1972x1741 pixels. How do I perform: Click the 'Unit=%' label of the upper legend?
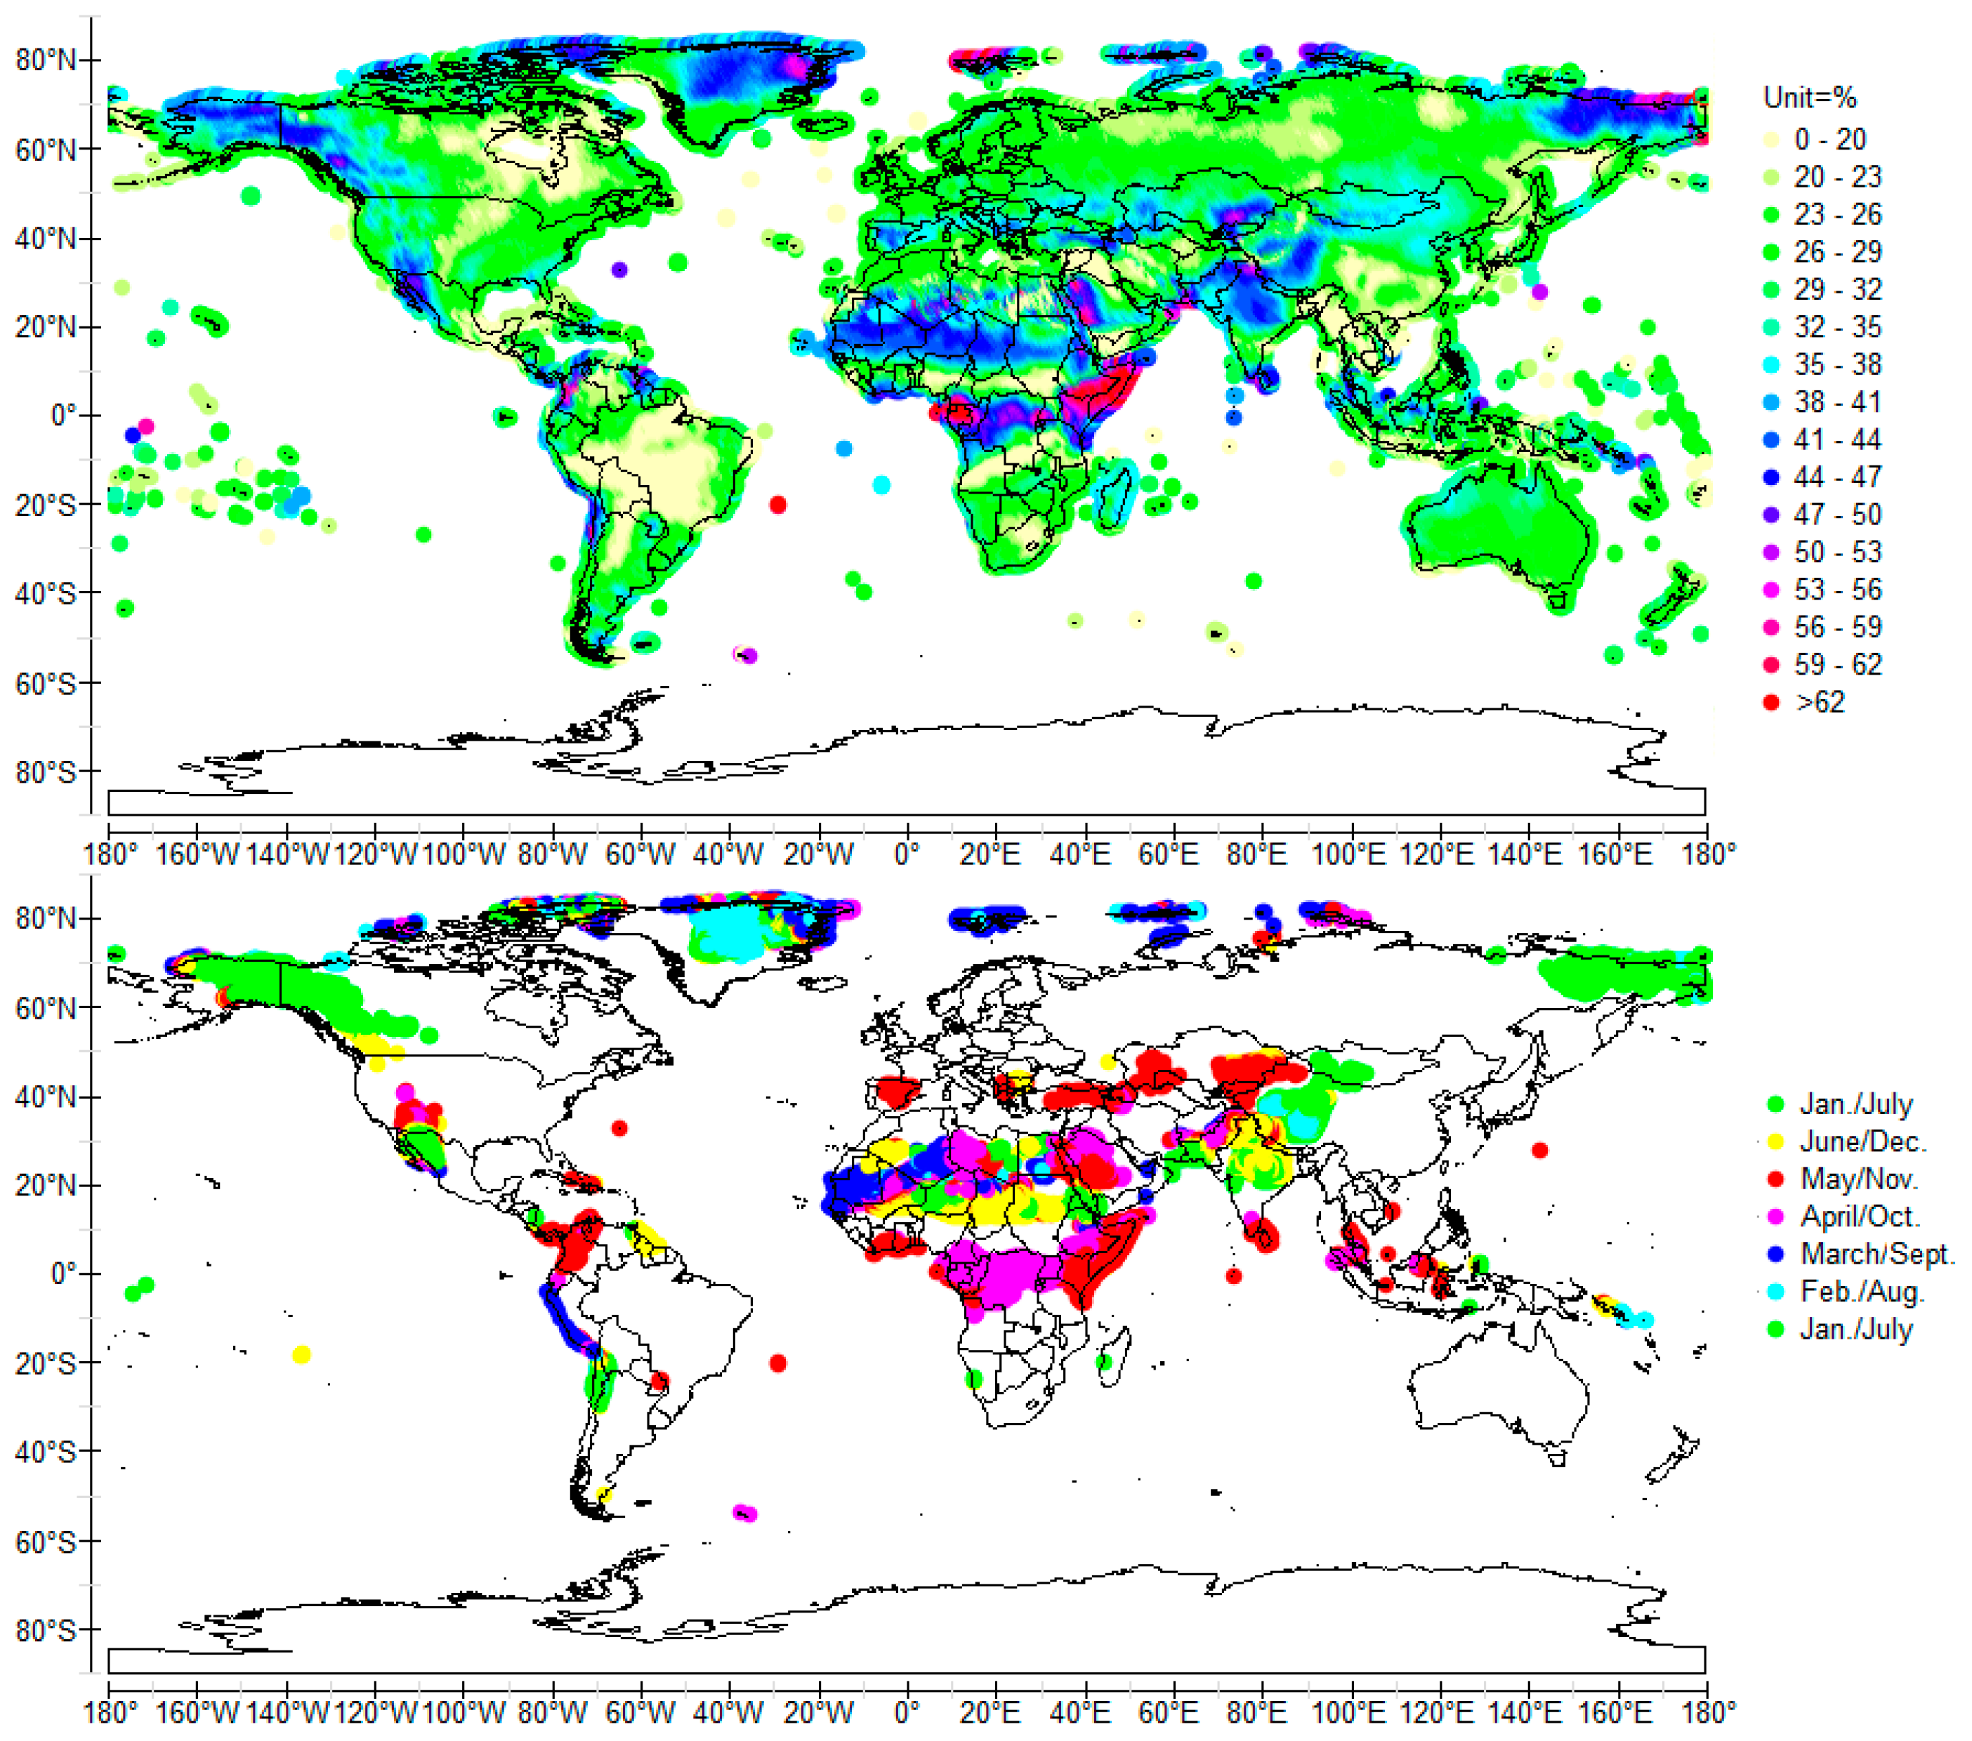[x=1809, y=98]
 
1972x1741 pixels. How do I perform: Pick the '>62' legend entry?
[x=1820, y=702]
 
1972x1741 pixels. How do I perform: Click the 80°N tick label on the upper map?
[x=46, y=61]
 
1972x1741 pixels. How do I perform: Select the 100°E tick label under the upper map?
[x=1348, y=854]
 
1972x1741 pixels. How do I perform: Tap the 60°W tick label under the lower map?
[x=640, y=1713]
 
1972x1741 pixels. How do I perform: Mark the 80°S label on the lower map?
[x=46, y=1631]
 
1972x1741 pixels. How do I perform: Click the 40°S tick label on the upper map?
[x=46, y=593]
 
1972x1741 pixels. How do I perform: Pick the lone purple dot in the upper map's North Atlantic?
[x=619, y=270]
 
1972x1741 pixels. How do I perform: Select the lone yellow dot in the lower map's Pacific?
[x=301, y=1355]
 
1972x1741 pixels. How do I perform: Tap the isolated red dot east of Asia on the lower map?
[x=1540, y=1151]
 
